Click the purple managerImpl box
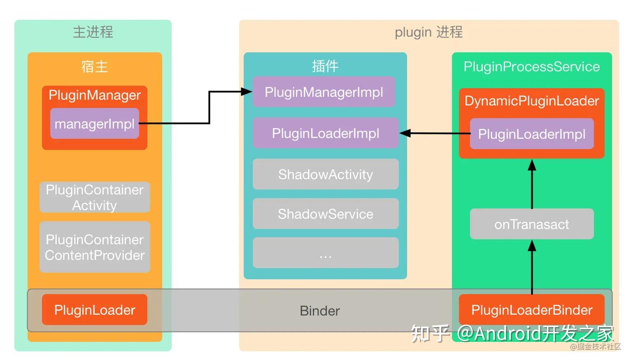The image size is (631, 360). (95, 124)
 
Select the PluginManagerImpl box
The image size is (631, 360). (324, 92)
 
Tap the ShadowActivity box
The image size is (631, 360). (326, 174)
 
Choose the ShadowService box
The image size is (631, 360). (326, 214)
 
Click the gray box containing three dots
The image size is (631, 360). (326, 253)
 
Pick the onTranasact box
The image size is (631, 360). (532, 224)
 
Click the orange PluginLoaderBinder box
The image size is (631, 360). (532, 309)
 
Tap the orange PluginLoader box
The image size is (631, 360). (95, 309)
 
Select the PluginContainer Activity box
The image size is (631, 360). (95, 197)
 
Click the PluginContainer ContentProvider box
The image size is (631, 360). (95, 247)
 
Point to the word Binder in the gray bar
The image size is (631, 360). (320, 311)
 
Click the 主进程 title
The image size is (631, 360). (93, 32)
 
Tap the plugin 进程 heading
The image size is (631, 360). (428, 32)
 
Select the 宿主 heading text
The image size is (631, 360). (95, 67)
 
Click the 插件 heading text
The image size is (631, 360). (325, 66)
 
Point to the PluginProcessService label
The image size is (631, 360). (532, 67)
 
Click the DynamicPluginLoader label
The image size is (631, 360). (532, 101)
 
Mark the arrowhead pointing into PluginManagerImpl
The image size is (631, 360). (247, 91)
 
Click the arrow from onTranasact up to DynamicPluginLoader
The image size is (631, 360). (532, 184)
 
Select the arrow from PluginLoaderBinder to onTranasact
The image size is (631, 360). (532, 267)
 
